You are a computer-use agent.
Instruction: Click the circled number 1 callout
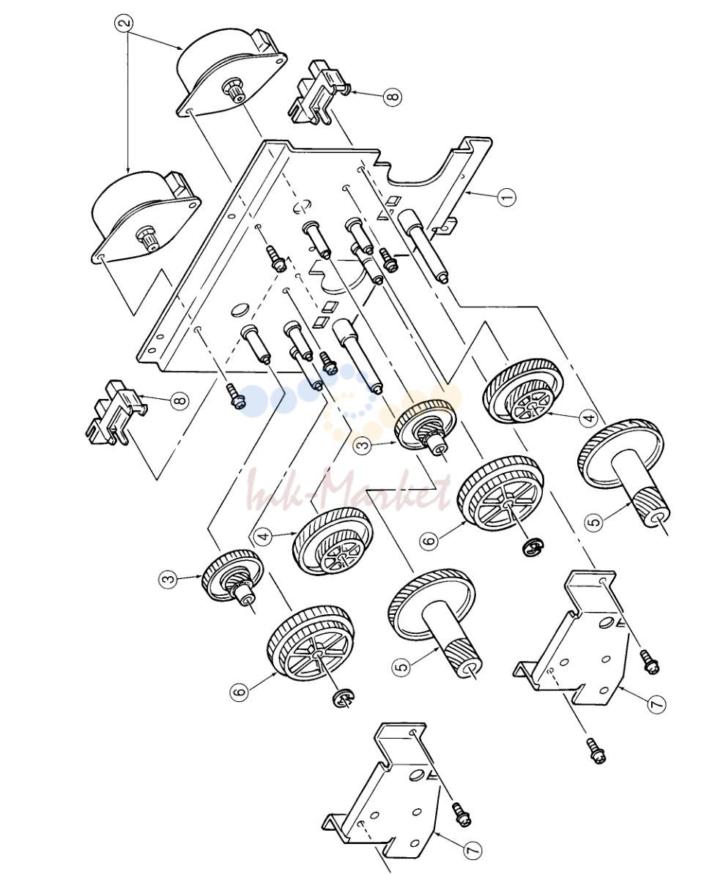pos(507,197)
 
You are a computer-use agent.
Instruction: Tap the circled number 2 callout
pos(125,22)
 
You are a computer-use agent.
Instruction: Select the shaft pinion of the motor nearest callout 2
pos(233,90)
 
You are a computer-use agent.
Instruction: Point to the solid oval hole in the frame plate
pos(239,310)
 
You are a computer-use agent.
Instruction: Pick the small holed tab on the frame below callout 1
pos(445,225)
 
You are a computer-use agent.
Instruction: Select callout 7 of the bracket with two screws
pos(656,704)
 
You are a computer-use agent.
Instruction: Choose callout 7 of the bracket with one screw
pos(472,849)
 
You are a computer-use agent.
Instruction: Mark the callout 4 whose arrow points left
pos(587,417)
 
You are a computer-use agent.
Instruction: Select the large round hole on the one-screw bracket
pos(415,776)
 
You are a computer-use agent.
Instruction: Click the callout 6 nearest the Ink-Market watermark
pos(429,539)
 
